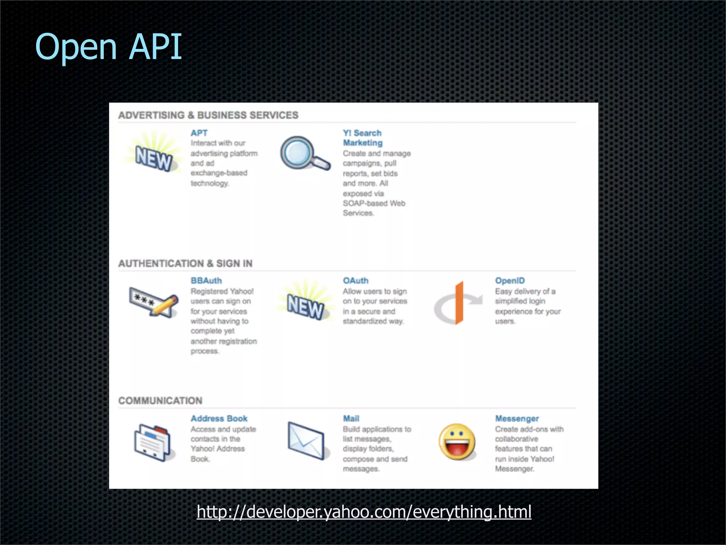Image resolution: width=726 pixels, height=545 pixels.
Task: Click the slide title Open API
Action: (108, 47)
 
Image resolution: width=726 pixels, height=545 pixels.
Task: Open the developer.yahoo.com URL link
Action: (364, 512)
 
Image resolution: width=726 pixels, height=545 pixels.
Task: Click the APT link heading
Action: (199, 133)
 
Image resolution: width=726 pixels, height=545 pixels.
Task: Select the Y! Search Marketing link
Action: (362, 138)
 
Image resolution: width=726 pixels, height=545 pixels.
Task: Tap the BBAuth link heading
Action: (206, 281)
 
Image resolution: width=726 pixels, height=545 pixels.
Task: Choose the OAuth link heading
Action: (356, 281)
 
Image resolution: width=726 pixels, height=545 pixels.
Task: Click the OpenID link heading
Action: (510, 281)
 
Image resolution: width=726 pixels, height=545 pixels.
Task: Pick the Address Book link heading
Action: (219, 419)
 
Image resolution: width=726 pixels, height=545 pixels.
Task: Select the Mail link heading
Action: (351, 419)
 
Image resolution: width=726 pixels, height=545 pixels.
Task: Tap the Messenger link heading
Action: (517, 419)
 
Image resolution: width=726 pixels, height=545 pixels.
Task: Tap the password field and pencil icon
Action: (153, 302)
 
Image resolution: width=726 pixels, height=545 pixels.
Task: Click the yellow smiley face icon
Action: (457, 442)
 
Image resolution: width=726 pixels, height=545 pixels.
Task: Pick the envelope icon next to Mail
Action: (306, 440)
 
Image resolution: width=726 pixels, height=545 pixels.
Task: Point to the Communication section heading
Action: (160, 401)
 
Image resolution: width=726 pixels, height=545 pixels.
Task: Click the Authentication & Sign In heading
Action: (185, 264)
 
